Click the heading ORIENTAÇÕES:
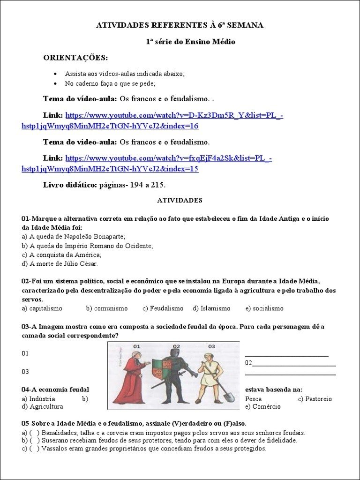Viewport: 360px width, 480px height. click(x=75, y=58)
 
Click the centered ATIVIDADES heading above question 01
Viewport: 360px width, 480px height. click(x=180, y=200)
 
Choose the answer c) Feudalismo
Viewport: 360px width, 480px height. click(x=163, y=308)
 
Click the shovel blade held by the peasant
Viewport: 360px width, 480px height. click(x=228, y=397)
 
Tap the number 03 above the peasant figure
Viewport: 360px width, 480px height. click(x=211, y=346)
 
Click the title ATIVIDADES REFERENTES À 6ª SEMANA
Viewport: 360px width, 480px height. click(x=180, y=25)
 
